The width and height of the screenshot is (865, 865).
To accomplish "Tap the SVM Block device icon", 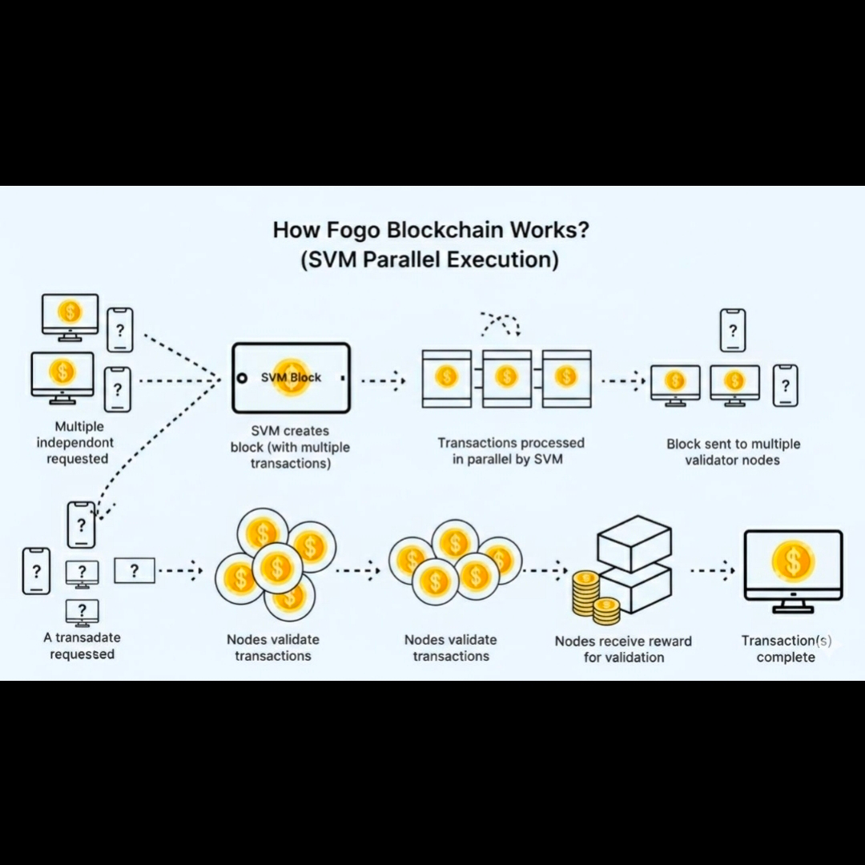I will point(291,378).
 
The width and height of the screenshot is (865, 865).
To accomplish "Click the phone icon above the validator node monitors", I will point(732,330).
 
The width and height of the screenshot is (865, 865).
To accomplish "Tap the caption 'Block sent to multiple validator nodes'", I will point(733,452).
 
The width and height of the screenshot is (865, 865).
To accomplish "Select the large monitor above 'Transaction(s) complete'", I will point(793,566).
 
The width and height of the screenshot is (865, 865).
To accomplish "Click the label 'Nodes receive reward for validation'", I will point(623,649).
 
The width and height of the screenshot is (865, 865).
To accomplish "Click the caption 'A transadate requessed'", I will point(82,646).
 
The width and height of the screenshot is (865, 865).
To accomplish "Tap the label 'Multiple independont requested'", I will point(79,442).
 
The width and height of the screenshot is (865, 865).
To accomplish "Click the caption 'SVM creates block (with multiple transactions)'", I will point(290,447).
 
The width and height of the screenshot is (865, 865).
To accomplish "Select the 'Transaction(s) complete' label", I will point(786,649).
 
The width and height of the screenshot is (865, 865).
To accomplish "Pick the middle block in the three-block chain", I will point(506,378).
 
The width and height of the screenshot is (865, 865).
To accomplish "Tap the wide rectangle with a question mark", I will point(134,570).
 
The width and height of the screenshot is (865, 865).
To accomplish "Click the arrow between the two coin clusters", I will point(357,571).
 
